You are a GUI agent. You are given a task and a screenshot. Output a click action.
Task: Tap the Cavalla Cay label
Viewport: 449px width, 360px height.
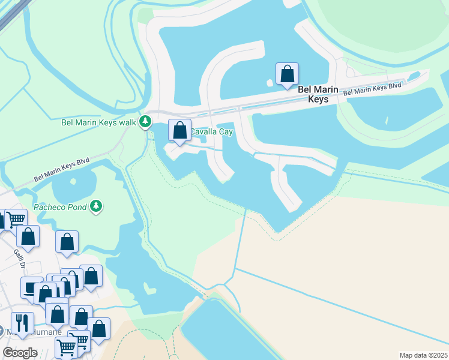(x=211, y=131)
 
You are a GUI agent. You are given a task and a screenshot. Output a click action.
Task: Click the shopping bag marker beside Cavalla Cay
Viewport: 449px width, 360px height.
(x=179, y=130)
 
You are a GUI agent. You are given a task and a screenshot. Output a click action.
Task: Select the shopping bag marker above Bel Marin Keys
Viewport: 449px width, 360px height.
(x=288, y=74)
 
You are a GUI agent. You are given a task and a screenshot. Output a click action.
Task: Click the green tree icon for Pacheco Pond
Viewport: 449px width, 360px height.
(x=96, y=207)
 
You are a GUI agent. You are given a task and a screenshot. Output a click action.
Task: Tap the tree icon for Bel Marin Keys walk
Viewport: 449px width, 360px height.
(x=145, y=122)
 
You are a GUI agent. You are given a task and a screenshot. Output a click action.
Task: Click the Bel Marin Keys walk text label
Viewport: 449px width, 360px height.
(x=99, y=122)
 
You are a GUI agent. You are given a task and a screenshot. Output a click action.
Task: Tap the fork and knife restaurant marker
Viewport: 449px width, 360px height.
(x=22, y=323)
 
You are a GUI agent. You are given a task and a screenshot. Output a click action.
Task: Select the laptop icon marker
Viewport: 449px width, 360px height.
(x=31, y=288)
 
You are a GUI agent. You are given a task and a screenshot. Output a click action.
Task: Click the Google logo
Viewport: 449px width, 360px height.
(x=20, y=352)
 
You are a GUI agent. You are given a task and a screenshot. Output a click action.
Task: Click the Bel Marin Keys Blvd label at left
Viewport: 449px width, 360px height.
(x=61, y=169)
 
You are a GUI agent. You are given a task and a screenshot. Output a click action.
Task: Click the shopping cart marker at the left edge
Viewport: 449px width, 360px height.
(x=15, y=220)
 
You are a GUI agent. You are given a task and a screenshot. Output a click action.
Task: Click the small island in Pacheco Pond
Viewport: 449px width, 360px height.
(x=73, y=181)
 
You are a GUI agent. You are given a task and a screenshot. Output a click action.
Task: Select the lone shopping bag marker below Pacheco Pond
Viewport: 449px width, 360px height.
(x=67, y=242)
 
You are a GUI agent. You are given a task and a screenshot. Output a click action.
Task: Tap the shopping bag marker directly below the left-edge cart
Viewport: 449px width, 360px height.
(x=28, y=236)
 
